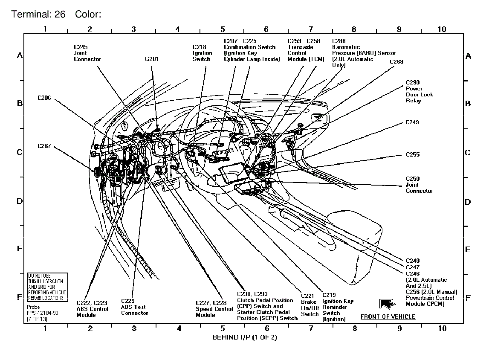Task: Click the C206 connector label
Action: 44,98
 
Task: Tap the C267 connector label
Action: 44,146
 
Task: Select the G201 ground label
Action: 151,59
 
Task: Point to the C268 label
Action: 396,61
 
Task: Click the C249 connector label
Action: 412,122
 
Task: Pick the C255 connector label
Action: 412,154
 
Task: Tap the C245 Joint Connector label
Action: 87,53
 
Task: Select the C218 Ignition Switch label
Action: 202,53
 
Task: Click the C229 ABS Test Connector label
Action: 134,307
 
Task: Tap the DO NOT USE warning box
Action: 46,287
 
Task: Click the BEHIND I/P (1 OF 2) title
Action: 245,337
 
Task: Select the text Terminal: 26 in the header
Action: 38,15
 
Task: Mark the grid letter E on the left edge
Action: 20,249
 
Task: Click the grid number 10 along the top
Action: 442,29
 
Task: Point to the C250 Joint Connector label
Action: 419,185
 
